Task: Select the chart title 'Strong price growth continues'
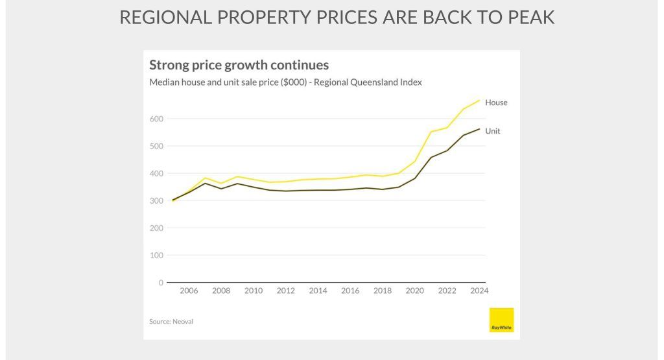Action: (x=239, y=65)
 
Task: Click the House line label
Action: (x=496, y=102)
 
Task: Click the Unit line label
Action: (x=493, y=131)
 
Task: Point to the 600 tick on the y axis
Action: (x=156, y=119)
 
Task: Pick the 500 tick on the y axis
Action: (x=156, y=146)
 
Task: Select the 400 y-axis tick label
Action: (x=156, y=173)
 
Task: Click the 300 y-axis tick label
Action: (x=156, y=200)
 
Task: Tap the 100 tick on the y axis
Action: (x=156, y=255)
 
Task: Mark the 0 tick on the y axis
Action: (x=160, y=283)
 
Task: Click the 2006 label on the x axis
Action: (x=189, y=291)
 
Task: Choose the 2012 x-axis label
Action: (x=285, y=291)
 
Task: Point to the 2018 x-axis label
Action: (x=383, y=291)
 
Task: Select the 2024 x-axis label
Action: (x=479, y=291)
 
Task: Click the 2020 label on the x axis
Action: (x=415, y=291)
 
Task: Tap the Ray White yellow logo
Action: (x=501, y=320)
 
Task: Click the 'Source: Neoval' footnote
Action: (x=171, y=321)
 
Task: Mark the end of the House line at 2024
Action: (x=479, y=100)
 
